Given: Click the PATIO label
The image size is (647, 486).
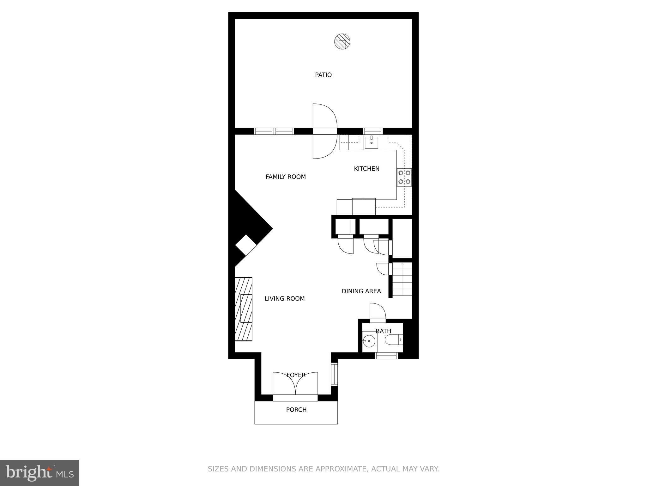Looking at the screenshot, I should click(323, 75).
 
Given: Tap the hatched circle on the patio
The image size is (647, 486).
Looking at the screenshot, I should click(342, 41).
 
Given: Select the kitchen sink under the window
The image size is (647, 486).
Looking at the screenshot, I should click(372, 143).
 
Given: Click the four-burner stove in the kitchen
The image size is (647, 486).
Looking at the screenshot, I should click(404, 177).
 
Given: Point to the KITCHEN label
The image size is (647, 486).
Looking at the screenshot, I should click(366, 169).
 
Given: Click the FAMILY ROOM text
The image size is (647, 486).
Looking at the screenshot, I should click(286, 177).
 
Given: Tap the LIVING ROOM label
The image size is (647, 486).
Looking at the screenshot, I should click(284, 299).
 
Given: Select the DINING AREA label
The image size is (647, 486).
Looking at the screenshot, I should click(361, 291).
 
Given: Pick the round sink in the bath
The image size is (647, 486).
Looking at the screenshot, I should click(368, 341).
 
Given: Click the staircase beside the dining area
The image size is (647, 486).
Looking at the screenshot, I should click(402, 280).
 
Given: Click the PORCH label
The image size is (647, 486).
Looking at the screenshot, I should click(296, 410).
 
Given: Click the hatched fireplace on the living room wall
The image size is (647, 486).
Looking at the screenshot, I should click(244, 309).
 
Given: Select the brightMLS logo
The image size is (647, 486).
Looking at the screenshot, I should click(39, 473).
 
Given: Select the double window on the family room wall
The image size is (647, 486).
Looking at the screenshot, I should click(274, 131).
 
